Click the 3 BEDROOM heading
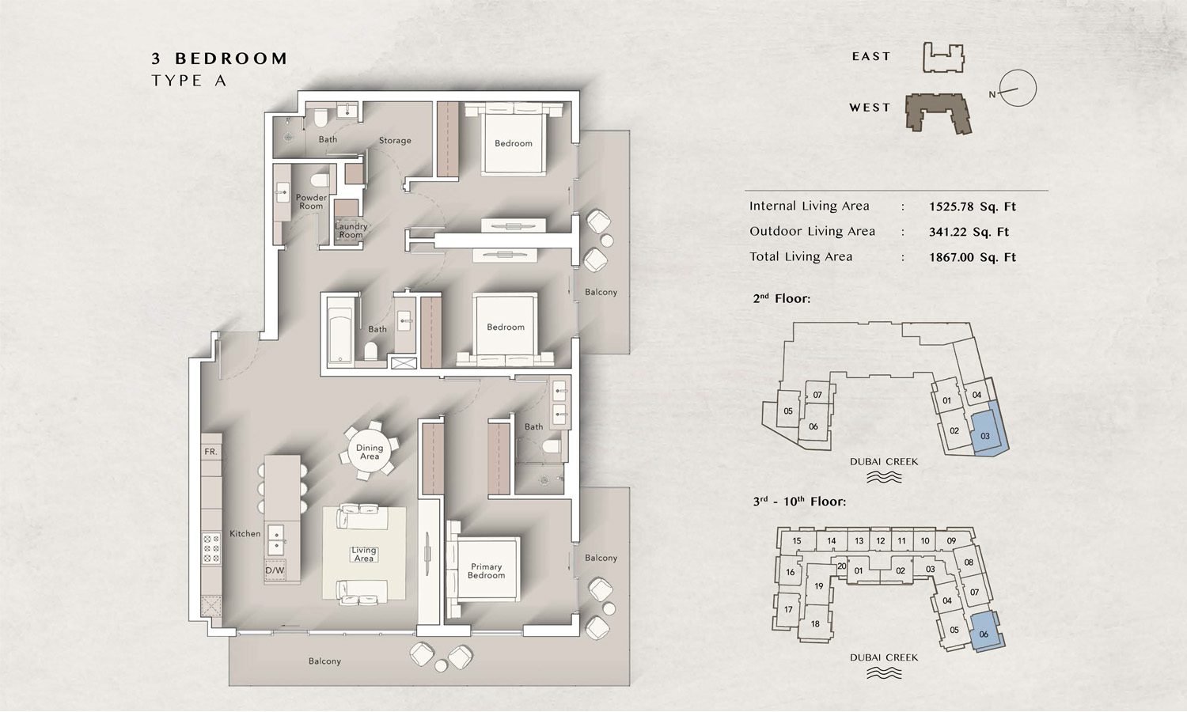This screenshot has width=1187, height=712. click(219, 59)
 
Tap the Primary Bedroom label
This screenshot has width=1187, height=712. click(486, 571)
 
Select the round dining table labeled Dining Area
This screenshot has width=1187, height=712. click(370, 452)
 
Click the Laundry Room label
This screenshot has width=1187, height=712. click(351, 230)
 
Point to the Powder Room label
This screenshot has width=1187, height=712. click(311, 202)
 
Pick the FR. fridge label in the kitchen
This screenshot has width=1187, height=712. click(210, 452)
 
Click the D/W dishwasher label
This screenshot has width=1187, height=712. click(275, 570)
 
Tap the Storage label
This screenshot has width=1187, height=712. click(395, 141)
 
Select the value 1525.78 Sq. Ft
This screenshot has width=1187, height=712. click(972, 207)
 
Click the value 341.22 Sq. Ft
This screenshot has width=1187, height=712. click(969, 233)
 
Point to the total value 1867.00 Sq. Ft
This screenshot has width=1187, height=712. click(972, 258)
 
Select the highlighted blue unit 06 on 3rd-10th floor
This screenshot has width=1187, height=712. click(985, 632)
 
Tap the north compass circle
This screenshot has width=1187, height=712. click(1018, 89)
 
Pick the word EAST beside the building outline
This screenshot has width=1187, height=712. click(871, 57)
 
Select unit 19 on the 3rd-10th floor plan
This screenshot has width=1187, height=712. click(818, 586)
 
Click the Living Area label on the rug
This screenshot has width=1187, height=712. click(364, 555)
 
